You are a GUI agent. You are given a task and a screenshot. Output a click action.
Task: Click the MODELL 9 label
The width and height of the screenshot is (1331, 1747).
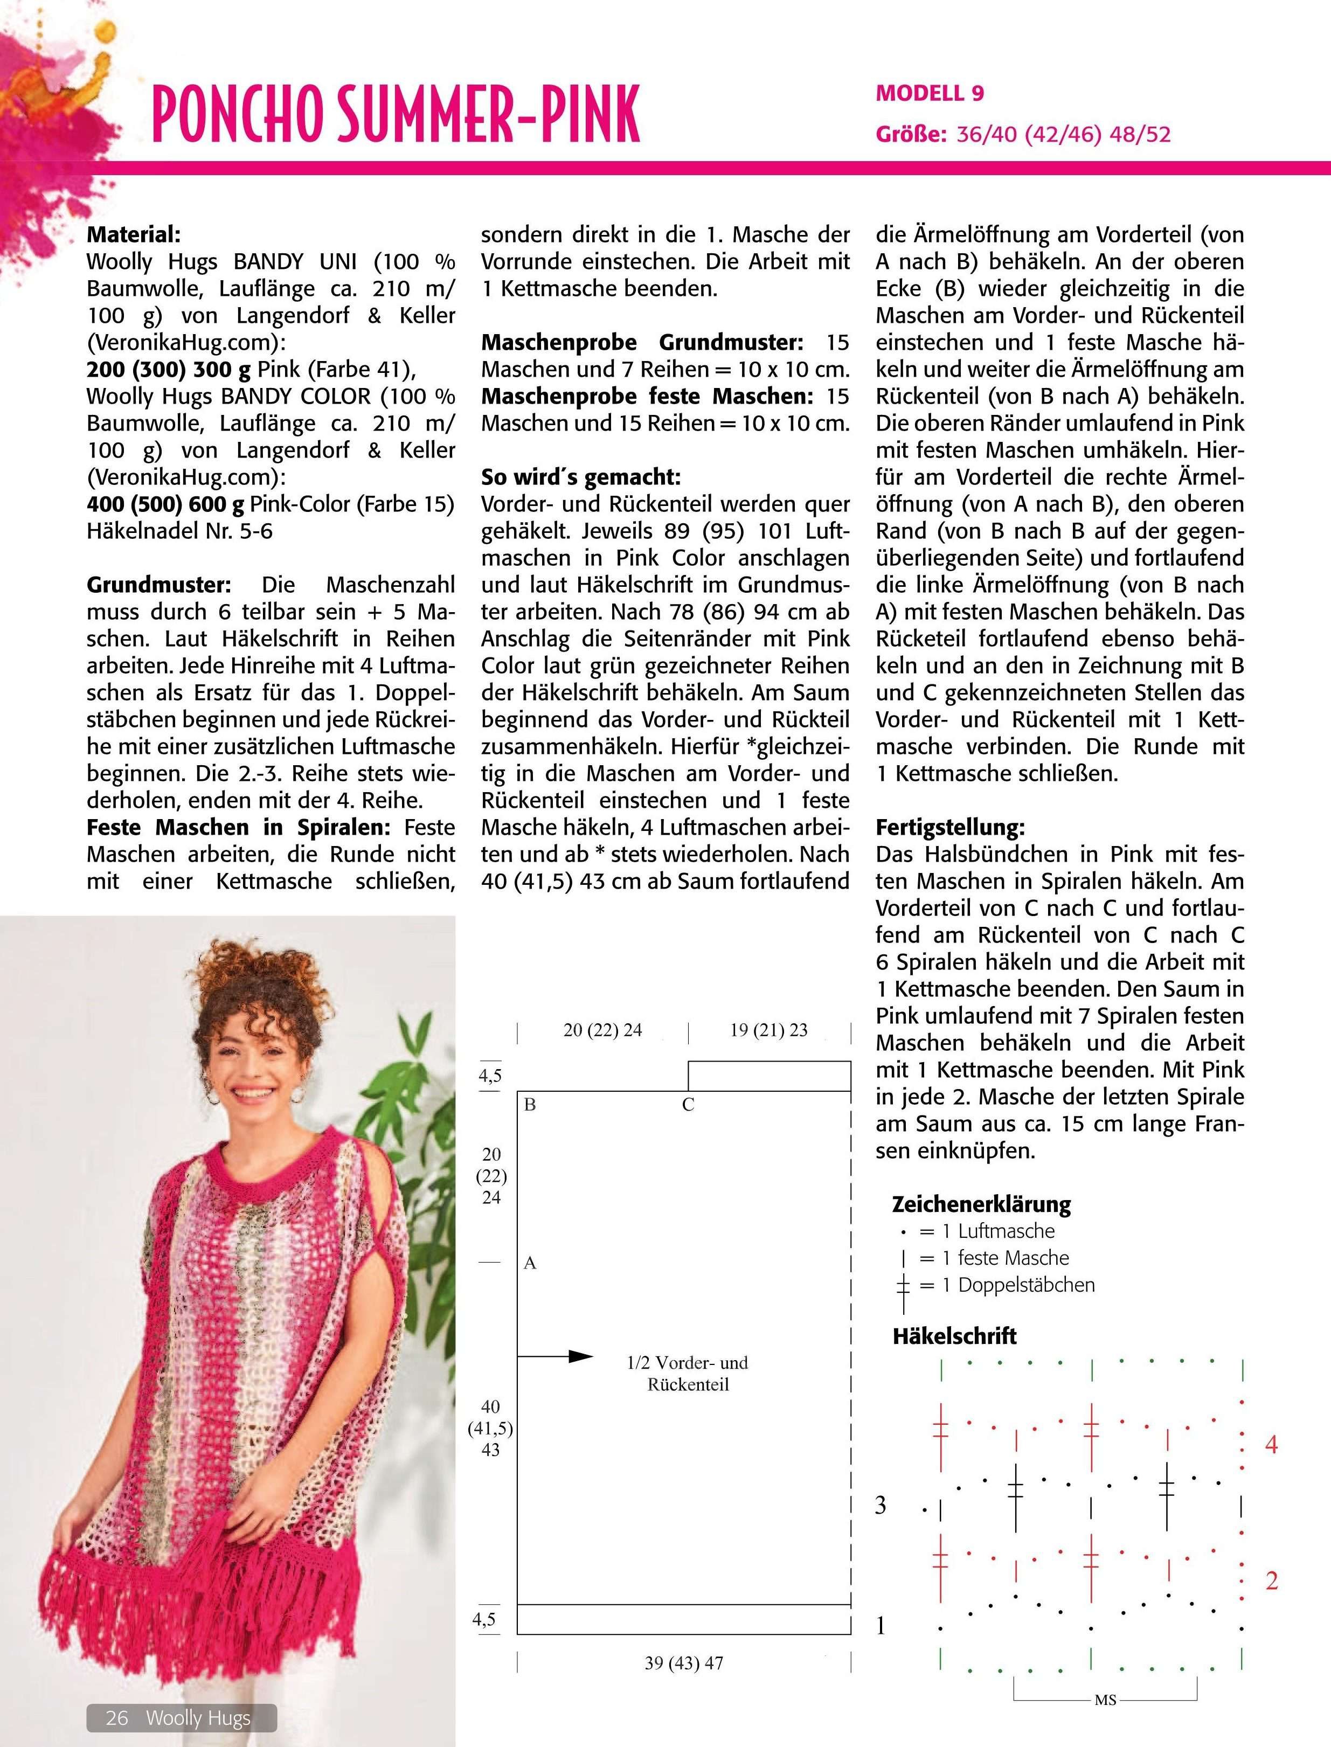[930, 93]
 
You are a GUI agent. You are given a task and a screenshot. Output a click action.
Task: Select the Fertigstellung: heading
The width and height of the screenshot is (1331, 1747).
[950, 827]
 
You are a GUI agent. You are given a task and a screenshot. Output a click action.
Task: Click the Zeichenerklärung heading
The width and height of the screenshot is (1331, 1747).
[981, 1204]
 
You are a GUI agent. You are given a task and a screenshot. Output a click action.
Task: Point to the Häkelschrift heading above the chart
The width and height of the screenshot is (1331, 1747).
[954, 1336]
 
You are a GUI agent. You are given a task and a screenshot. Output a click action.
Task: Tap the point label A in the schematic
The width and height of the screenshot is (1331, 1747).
[530, 1263]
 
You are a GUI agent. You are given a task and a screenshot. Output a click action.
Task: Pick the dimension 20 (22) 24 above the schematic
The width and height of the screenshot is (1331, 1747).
[602, 1030]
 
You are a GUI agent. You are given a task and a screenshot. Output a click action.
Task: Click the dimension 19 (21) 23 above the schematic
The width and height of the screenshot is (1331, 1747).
[768, 1030]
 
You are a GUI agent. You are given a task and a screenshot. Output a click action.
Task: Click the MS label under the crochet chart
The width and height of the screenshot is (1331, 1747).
[1105, 1700]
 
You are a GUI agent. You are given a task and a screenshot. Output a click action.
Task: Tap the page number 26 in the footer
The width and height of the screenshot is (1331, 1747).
[117, 1718]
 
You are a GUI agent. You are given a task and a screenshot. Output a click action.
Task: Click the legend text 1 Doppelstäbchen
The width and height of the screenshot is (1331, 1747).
[1026, 1285]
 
